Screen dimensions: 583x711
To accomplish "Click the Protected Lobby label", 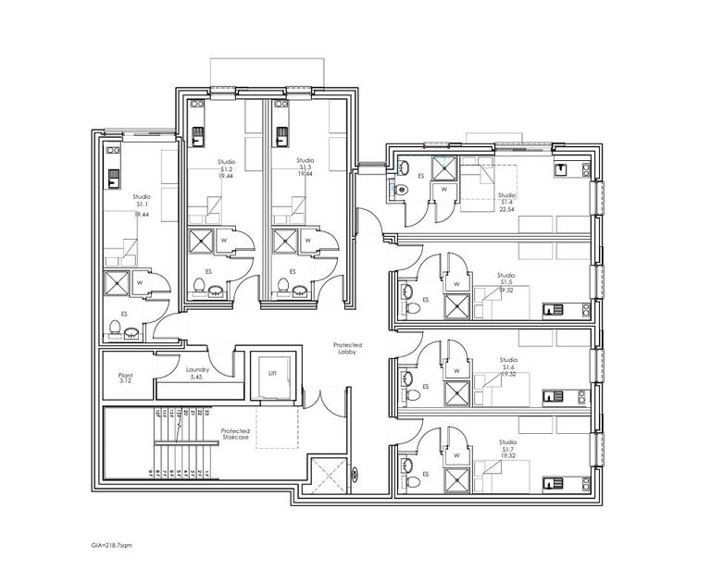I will pyautogui.click(x=346, y=349).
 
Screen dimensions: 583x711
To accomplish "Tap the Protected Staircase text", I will pyautogui.click(x=234, y=435).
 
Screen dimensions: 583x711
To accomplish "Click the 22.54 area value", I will pyautogui.click(x=506, y=208).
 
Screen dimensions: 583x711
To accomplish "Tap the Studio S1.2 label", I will pyautogui.click(x=226, y=166).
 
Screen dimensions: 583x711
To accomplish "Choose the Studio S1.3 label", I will pyautogui.click(x=306, y=166).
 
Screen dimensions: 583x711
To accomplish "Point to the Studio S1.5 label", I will pyautogui.click(x=506, y=281).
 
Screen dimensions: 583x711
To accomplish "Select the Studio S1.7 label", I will pyautogui.click(x=506, y=448).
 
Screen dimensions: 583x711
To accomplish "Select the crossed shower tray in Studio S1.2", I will pyautogui.click(x=200, y=242).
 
